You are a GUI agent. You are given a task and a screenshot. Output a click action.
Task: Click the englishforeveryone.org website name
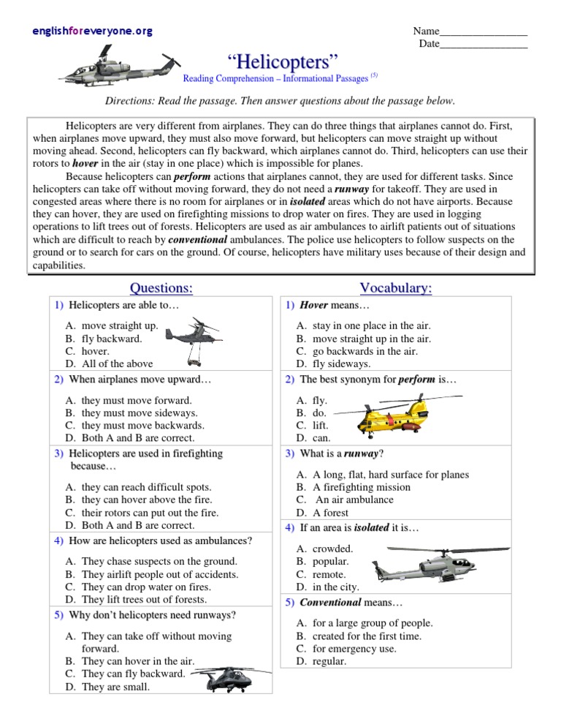tap(93, 31)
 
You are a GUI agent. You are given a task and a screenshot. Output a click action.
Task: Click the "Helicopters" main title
tap(280, 61)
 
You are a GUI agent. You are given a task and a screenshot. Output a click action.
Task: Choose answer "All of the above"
tap(118, 363)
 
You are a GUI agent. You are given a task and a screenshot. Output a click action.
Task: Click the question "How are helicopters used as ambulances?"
tap(160, 540)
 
